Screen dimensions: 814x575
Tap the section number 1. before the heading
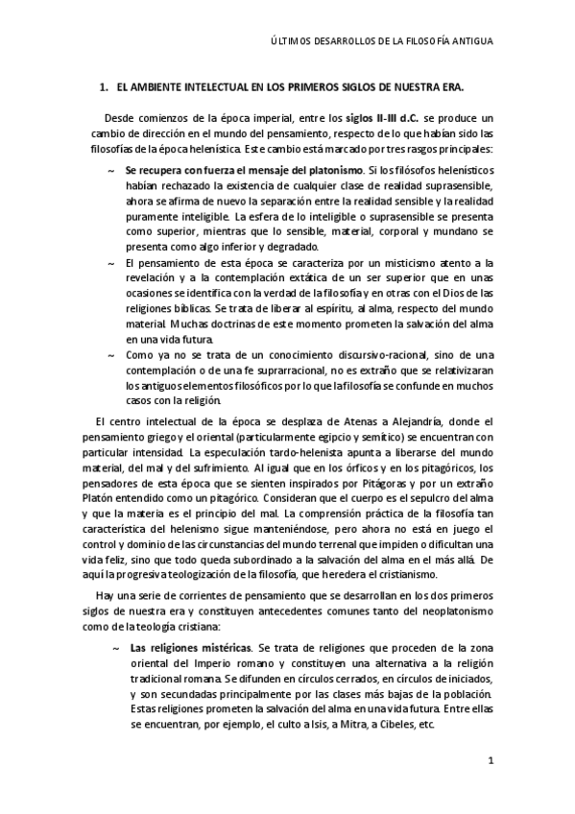click(105, 86)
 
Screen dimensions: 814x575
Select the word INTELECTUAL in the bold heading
click(204, 86)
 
